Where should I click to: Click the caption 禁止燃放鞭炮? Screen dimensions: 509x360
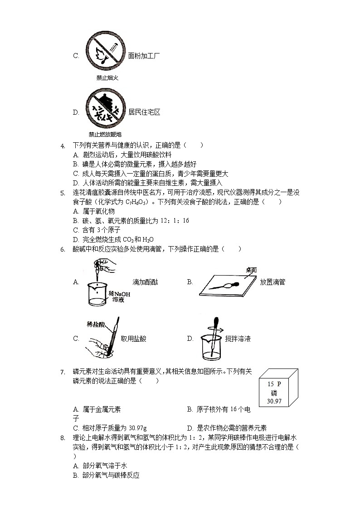tap(105, 134)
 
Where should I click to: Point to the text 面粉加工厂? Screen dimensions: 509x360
tap(144, 56)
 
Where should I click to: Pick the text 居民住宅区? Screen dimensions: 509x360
tap(144, 112)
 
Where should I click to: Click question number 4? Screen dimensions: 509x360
tap(63, 145)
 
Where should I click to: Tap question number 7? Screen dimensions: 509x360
tap(63, 372)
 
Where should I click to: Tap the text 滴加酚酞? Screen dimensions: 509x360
tap(145, 282)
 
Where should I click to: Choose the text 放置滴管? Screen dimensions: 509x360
tap(272, 282)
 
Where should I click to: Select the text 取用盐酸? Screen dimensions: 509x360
tap(133, 339)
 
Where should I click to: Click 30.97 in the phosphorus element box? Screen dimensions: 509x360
tap(274, 401)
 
